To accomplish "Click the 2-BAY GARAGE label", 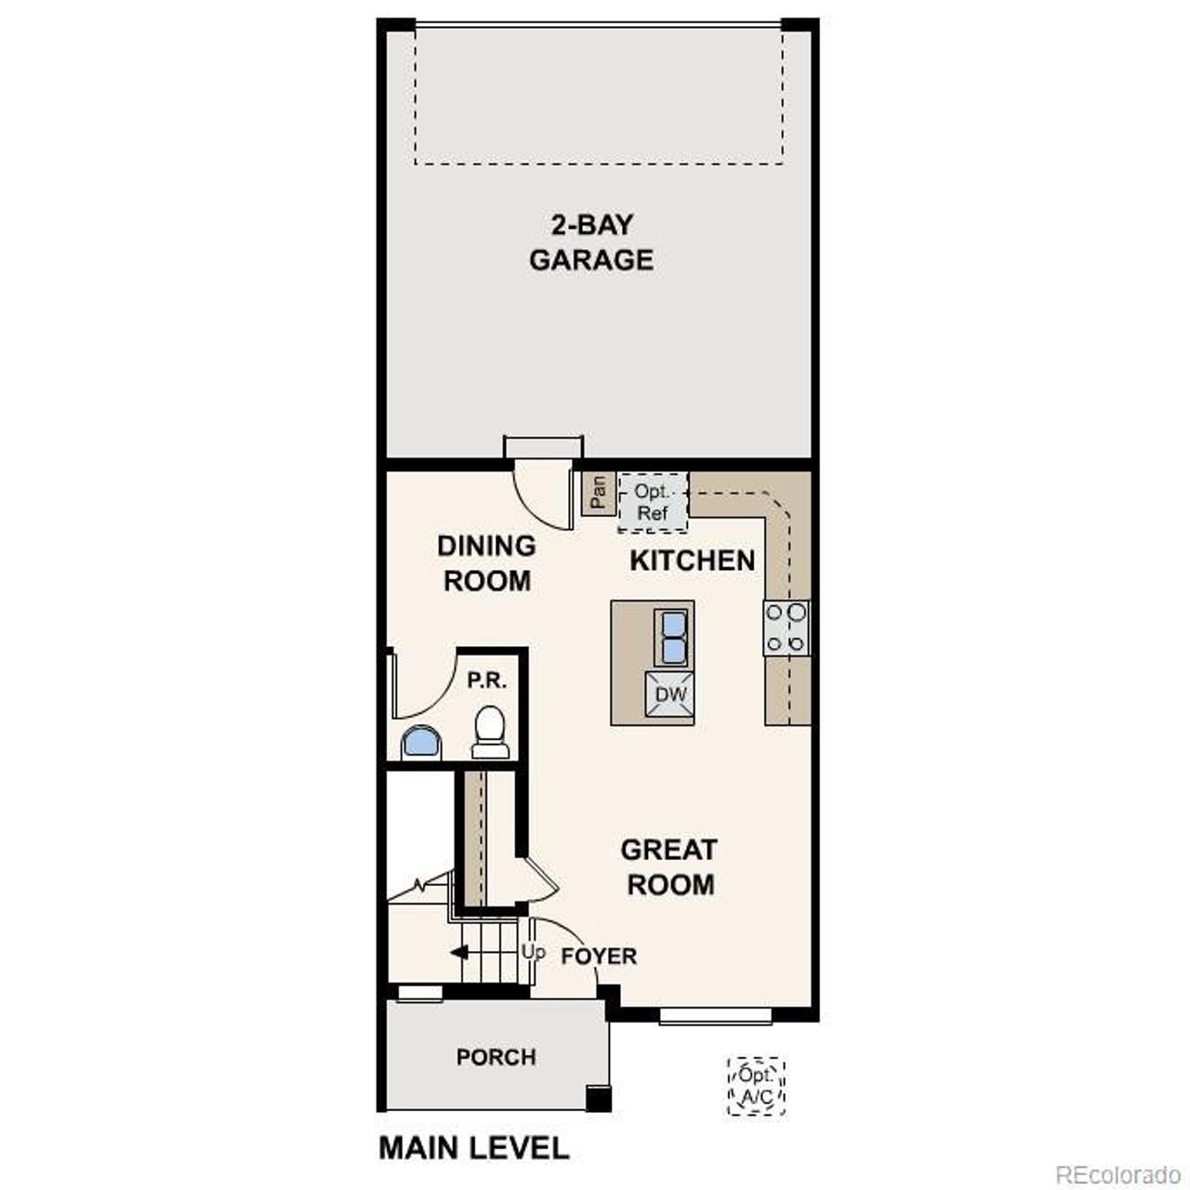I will (591, 243).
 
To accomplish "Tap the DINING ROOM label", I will (486, 563).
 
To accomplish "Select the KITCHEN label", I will (693, 561).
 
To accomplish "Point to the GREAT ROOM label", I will (669, 866).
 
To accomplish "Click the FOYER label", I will (599, 957).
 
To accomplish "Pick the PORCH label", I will (496, 1057).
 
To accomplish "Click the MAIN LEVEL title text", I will (473, 1148).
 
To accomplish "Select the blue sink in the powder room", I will (422, 743).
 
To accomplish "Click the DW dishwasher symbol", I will (670, 694).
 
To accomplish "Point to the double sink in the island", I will (671, 637).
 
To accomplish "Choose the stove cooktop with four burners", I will (787, 628).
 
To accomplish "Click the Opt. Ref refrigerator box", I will (653, 502).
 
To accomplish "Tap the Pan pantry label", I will (598, 492).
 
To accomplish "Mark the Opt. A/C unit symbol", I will (756, 1086).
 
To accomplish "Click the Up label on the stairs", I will (533, 952).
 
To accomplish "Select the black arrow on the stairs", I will (459, 953).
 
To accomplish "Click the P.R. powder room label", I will (487, 681).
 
